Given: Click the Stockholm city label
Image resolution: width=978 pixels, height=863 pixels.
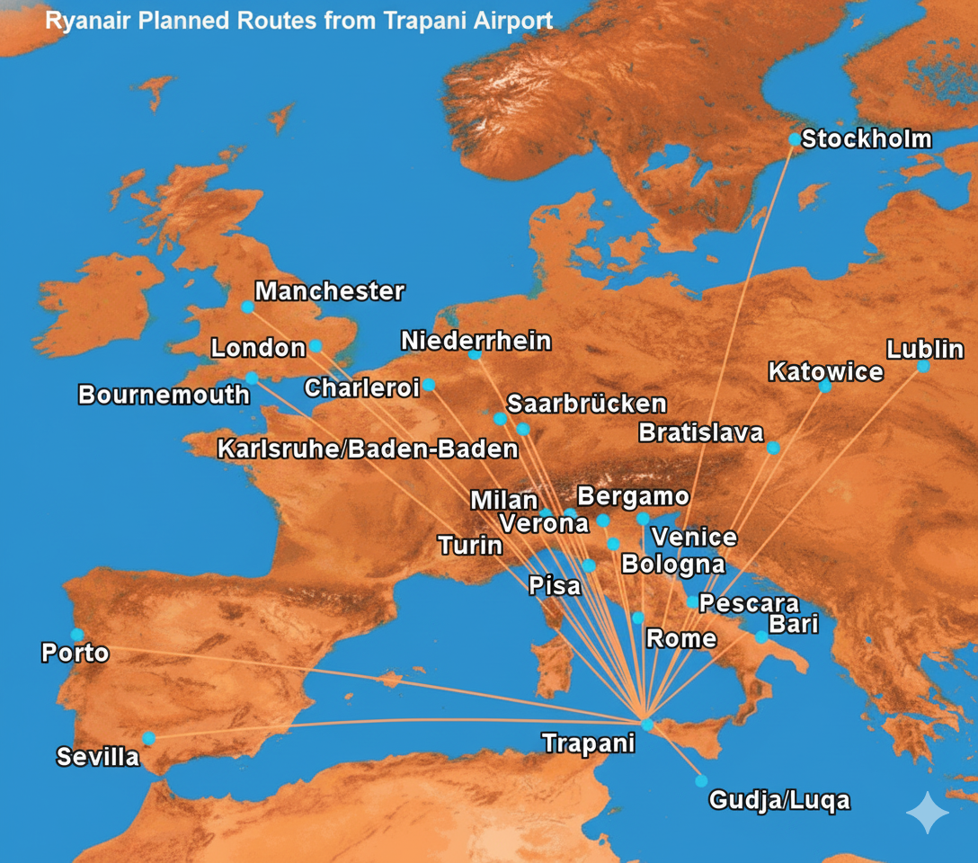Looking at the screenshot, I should click(866, 139).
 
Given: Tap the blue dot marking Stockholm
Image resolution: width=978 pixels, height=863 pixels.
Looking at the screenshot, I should click(795, 139).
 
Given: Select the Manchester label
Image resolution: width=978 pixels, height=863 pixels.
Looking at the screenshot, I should click(330, 291).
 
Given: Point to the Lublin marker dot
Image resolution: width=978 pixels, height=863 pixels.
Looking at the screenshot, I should click(923, 367).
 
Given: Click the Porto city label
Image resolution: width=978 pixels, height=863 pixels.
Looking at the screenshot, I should click(76, 654).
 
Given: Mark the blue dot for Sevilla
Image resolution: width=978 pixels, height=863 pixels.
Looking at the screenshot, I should click(149, 738).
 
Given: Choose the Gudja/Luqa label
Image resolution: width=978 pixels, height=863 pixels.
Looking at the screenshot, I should click(778, 800).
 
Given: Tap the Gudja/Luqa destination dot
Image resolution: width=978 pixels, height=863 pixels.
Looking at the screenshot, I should click(701, 781).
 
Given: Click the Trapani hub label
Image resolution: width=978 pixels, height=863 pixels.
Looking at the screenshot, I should click(588, 743).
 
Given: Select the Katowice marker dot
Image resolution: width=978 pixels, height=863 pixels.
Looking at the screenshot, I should click(825, 387).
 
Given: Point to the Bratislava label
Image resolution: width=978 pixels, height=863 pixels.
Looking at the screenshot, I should click(701, 432).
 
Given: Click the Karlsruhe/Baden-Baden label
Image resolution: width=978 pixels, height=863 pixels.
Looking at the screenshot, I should click(368, 449).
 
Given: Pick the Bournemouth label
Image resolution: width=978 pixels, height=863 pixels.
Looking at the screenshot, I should click(164, 395).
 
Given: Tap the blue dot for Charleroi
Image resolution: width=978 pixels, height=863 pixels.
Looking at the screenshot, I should click(429, 385).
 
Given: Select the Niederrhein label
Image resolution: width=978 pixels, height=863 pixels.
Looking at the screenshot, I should click(476, 342).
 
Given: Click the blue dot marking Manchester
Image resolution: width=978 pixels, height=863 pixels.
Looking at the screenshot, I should click(247, 307).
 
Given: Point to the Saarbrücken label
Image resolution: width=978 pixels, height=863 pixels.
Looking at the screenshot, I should click(587, 404).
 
